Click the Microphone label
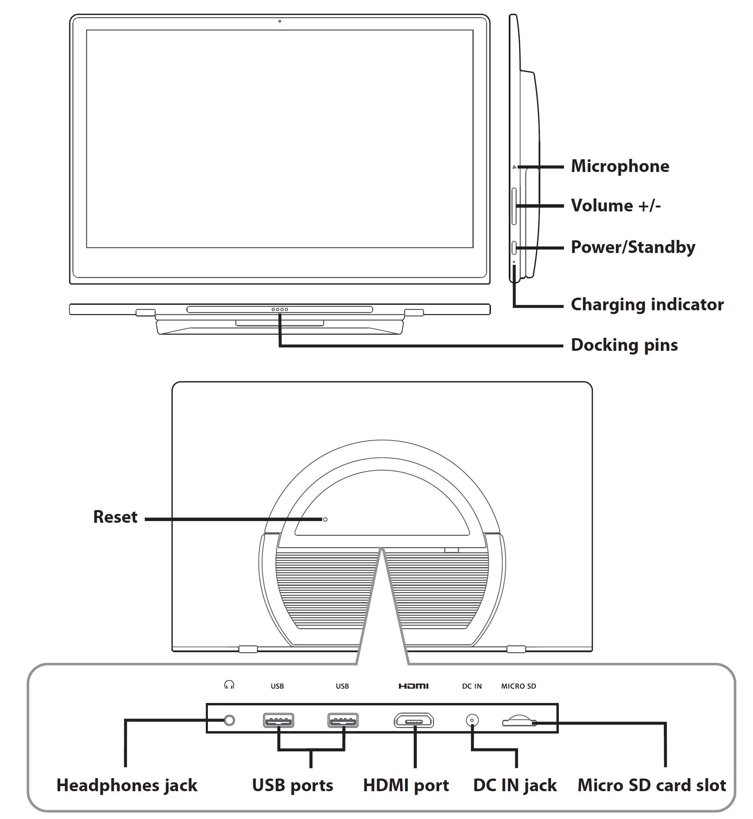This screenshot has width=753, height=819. pyautogui.click(x=620, y=166)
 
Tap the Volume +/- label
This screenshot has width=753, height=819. pyautogui.click(x=616, y=206)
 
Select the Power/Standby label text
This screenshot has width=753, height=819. pyautogui.click(x=633, y=247)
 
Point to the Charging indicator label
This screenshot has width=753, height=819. pyautogui.click(x=647, y=305)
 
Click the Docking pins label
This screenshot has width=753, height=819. pyautogui.click(x=624, y=345)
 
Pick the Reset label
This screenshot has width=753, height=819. pyautogui.click(x=115, y=517)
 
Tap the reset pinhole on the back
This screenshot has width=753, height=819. pyautogui.click(x=325, y=519)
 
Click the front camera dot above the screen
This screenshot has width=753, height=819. pyautogui.click(x=280, y=21)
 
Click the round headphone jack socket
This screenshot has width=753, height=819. pyautogui.click(x=230, y=720)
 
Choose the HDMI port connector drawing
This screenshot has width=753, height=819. pyautogui.click(x=414, y=721)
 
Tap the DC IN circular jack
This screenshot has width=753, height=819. pyautogui.click(x=472, y=720)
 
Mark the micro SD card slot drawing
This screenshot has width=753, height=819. pyautogui.click(x=519, y=721)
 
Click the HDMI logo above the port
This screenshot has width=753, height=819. pyautogui.click(x=414, y=686)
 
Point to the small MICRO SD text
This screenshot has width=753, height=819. pyautogui.click(x=518, y=686)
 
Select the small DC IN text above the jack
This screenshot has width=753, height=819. pyautogui.click(x=472, y=686)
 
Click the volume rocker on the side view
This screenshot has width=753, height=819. pyautogui.click(x=514, y=206)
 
